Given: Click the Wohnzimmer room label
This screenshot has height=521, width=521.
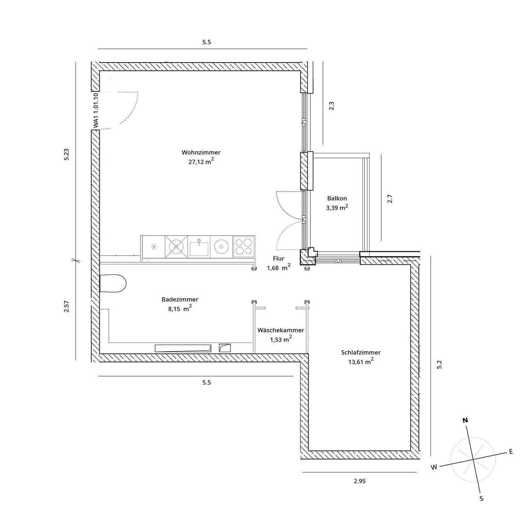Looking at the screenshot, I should point(201,152).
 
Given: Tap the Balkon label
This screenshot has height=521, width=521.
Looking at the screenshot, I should point(337,198).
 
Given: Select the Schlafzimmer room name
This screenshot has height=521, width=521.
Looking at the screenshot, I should point(361,352).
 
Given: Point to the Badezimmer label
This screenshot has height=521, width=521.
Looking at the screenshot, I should point(180,300).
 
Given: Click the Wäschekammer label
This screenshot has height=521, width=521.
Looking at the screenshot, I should point(280,330).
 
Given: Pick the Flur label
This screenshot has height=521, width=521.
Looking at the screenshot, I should point(279,258).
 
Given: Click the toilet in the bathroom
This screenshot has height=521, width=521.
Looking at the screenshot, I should point(113,283).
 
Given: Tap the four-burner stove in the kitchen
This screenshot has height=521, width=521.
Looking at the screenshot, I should point(243,247).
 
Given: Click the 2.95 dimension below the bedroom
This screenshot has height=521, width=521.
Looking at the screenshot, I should point(360,481).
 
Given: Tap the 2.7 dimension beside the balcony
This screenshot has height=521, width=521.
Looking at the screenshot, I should point(390,199).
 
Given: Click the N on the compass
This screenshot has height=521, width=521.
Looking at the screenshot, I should point(465,420).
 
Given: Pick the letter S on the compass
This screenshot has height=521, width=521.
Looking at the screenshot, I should point(482,499).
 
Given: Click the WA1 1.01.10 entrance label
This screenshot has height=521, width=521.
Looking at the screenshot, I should point(96,110).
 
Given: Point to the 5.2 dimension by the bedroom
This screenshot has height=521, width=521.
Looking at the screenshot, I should point(440,364).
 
